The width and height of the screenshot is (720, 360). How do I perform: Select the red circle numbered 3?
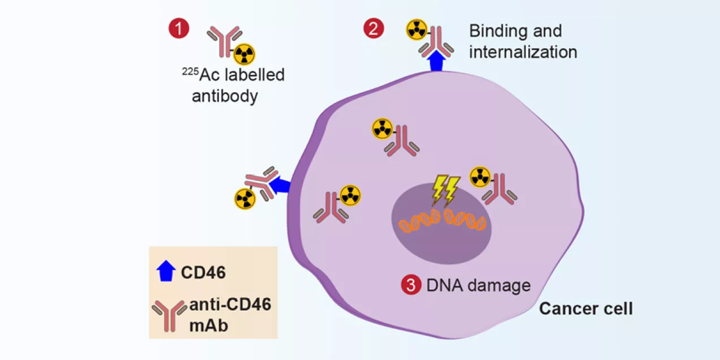(411, 285)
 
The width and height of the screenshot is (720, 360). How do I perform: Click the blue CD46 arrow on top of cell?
(435, 61)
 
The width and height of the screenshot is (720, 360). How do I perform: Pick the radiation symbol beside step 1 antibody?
(245, 54)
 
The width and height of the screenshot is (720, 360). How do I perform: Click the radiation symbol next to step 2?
(416, 30)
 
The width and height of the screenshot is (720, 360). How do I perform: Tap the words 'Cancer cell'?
(586, 309)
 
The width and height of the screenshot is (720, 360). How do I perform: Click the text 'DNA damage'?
(478, 285)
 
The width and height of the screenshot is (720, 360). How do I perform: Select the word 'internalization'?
(523, 52)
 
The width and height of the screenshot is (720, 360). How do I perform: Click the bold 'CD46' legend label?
(203, 273)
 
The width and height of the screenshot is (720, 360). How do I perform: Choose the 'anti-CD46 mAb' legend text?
(229, 315)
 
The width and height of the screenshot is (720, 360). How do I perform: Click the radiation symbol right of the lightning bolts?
(480, 176)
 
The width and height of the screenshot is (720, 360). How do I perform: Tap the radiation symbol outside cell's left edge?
(245, 198)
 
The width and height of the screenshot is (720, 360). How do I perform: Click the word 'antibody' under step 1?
(225, 96)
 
